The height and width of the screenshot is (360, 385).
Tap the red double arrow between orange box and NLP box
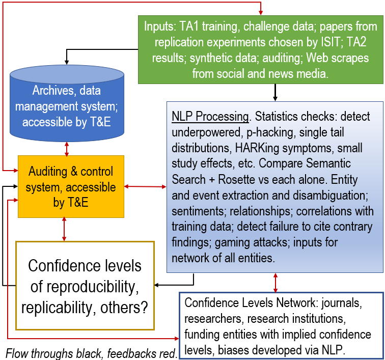(x=145, y=187)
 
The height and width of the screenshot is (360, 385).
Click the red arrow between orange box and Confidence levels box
(x=64, y=229)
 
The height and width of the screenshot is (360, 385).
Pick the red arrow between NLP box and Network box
(x=276, y=282)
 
